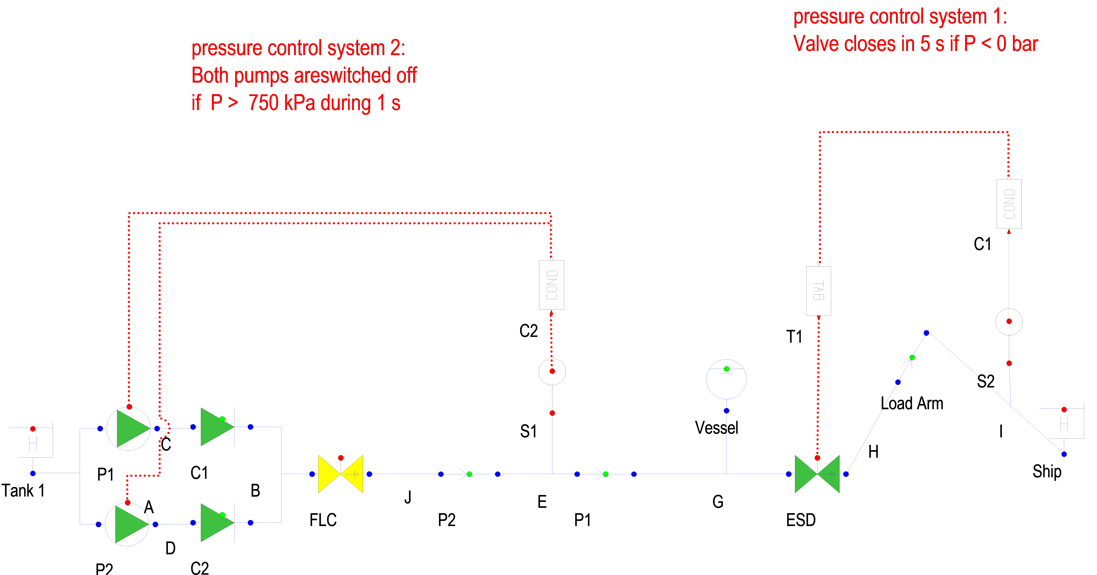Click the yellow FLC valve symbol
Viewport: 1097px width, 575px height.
tap(340, 474)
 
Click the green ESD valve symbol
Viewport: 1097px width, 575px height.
tap(817, 474)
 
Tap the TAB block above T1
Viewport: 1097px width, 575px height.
tap(818, 291)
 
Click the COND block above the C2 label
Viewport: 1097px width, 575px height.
tap(552, 284)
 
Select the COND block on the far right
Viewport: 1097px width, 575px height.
tap(1008, 204)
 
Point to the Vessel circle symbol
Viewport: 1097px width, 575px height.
tap(726, 379)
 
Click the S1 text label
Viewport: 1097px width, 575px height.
tap(528, 431)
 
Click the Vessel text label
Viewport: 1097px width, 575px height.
tap(716, 428)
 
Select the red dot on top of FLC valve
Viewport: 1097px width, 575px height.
tap(341, 458)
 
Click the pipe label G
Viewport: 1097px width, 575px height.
tap(718, 502)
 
